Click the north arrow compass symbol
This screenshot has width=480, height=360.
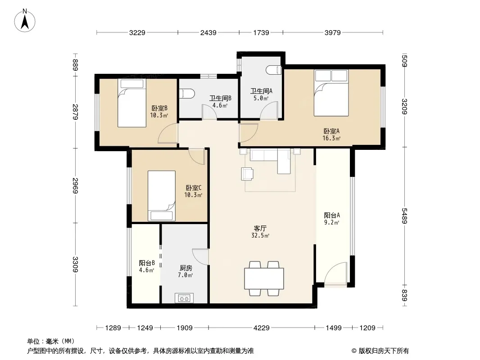(25, 21)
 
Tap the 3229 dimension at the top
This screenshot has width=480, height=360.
(137, 32)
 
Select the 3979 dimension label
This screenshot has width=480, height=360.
(333, 32)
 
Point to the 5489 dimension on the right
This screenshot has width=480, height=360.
(405, 216)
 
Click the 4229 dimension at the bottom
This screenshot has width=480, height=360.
(262, 328)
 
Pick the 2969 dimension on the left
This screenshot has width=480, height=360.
(76, 186)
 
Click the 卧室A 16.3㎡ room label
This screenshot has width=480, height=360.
(331, 135)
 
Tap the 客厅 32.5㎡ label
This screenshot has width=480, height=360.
(260, 232)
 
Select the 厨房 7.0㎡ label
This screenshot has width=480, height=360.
(186, 272)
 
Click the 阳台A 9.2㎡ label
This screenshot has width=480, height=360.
(332, 219)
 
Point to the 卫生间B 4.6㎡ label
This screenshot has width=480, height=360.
(220, 102)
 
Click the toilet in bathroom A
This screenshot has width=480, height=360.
(274, 70)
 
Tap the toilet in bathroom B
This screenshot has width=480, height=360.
(186, 93)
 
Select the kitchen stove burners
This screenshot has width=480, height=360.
(184, 298)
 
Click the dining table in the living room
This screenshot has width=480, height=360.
(264, 279)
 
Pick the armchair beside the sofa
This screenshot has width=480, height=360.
(247, 174)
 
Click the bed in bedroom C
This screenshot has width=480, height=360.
(162, 196)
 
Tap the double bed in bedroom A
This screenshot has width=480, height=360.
(331, 93)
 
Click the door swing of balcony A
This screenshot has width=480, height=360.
(336, 274)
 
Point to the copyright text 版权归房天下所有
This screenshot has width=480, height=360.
(384, 351)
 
